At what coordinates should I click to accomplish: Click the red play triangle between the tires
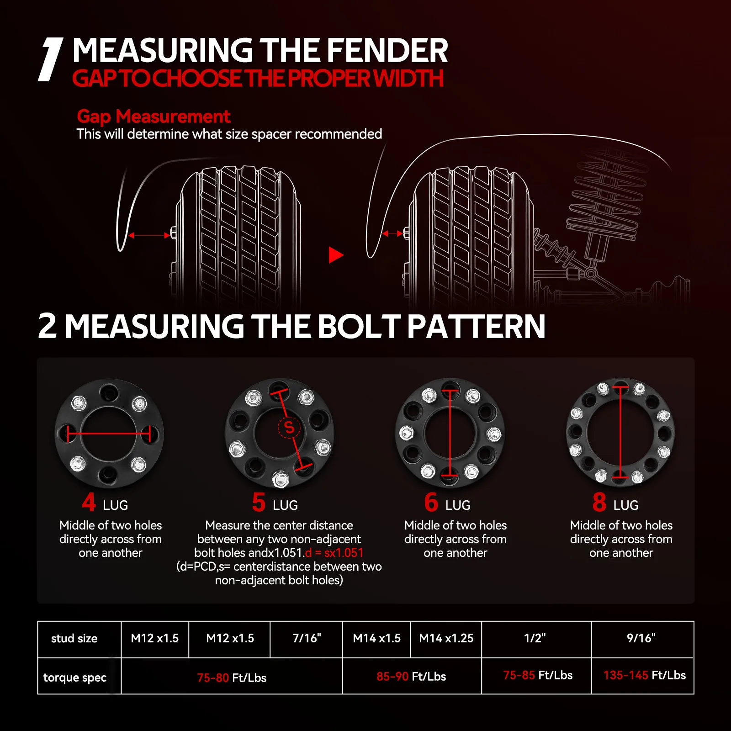click(x=336, y=255)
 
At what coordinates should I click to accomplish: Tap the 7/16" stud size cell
click(x=307, y=638)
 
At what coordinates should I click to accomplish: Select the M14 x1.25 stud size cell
click(x=446, y=638)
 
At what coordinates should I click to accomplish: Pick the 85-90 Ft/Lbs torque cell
click(x=411, y=676)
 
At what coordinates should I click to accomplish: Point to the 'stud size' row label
click(x=74, y=638)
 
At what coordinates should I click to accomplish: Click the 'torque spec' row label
click(x=75, y=678)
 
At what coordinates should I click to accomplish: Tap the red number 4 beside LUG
click(x=89, y=502)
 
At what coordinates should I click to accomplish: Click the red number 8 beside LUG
click(x=599, y=502)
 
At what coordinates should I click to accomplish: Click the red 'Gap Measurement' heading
click(x=154, y=117)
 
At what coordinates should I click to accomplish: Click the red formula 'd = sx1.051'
click(x=334, y=553)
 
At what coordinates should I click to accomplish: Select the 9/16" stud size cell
click(x=642, y=638)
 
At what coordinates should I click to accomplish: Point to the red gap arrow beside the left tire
click(x=149, y=235)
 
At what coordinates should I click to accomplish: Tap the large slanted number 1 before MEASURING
click(x=50, y=59)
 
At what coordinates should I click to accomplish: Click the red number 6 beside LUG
click(x=431, y=502)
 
